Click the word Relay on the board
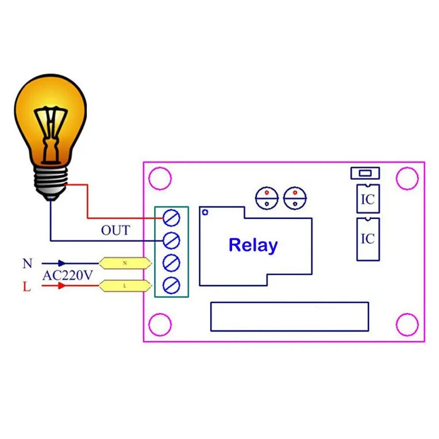253,245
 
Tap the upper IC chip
368,198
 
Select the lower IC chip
368,240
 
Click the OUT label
115,230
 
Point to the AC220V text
67,275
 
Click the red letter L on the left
26,286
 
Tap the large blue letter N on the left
28,263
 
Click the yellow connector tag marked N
125,263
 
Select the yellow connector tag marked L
125,286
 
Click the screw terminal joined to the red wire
171,218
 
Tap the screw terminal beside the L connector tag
171,286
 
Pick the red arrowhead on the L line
62,286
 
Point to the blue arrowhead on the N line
62,263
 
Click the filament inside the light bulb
51,134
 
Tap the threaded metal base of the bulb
51,182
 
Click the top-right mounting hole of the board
407,178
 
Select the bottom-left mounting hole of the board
160,325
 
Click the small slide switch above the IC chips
365,173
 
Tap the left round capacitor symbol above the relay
267,198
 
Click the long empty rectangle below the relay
290,317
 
